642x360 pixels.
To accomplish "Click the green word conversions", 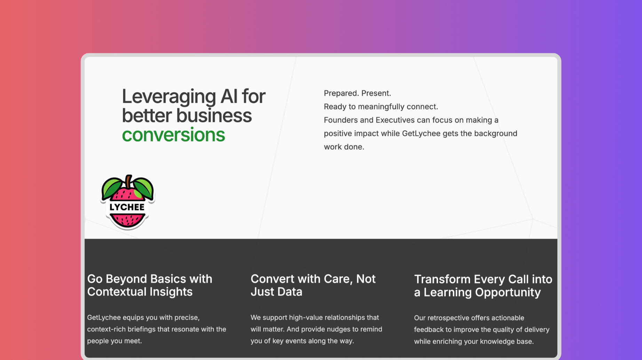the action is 173,135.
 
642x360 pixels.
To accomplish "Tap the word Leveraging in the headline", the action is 168,97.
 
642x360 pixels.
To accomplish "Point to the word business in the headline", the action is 214,115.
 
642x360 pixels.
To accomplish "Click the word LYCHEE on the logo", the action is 127,207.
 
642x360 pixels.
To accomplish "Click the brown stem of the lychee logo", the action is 129,182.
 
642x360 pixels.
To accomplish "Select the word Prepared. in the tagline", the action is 341,93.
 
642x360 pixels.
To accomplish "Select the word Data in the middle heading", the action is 290,291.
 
